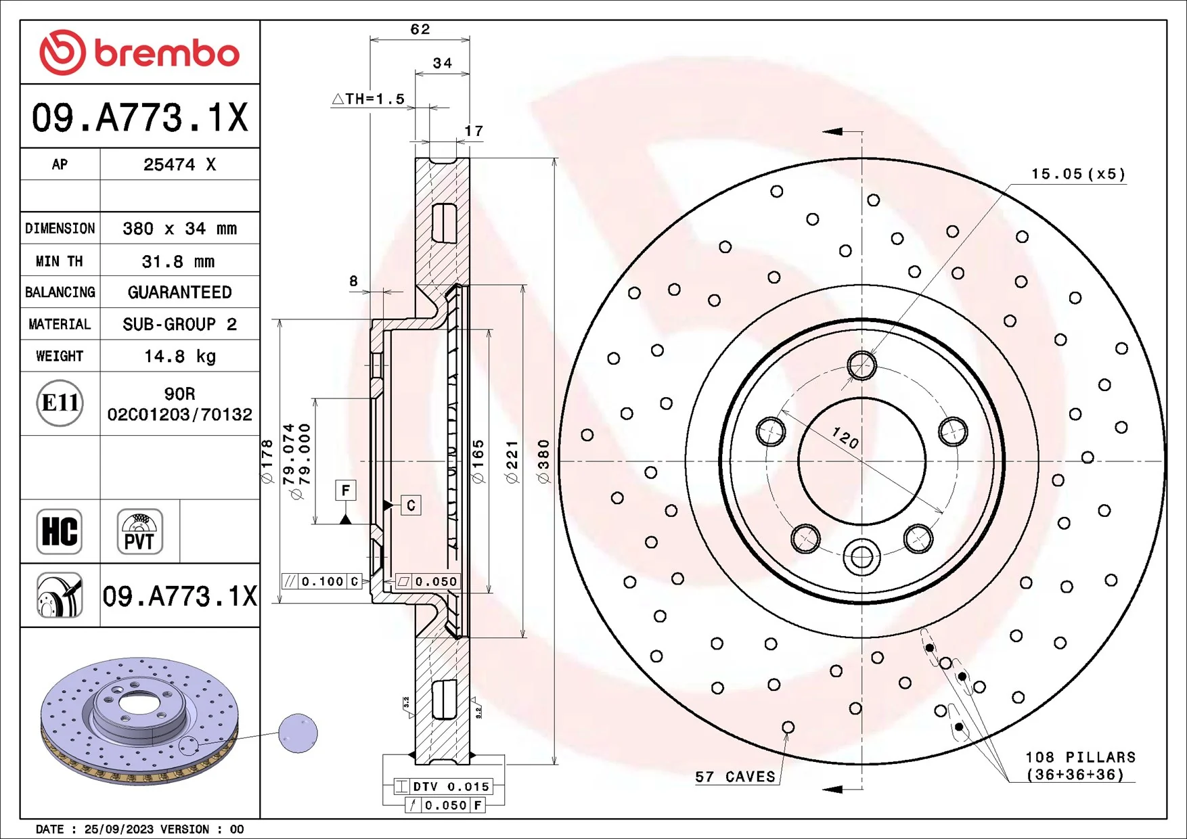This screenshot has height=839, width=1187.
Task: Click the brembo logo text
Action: coord(166,54)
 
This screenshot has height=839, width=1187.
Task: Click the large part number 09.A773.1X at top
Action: coord(140,118)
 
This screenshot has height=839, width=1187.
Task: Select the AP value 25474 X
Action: coord(179,164)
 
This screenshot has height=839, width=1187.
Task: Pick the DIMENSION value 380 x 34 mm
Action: coord(179,229)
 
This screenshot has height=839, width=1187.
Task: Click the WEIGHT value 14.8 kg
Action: coord(179,356)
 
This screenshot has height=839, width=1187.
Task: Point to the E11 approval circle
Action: coord(60,403)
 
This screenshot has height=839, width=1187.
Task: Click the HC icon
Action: coord(60,531)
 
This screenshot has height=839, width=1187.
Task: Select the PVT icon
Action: coord(139,532)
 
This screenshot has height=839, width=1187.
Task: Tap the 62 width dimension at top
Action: coord(420,29)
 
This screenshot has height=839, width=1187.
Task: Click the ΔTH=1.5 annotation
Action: coord(369,99)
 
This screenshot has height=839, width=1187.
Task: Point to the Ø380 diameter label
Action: coord(543,461)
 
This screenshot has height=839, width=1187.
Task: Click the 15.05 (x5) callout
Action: coord(1077,174)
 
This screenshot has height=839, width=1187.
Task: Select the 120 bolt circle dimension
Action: coord(845,438)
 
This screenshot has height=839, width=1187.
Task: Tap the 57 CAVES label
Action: coord(735,777)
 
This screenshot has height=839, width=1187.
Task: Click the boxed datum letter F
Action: coord(346,490)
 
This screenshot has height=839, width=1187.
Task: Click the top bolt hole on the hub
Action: coord(861,365)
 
